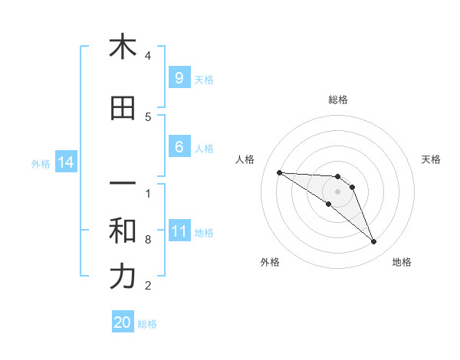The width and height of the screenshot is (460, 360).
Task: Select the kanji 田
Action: (x=123, y=109)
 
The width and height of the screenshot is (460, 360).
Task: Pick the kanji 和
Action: (x=123, y=231)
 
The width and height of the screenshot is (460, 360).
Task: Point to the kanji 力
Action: (x=123, y=277)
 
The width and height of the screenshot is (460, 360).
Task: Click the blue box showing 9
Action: (x=179, y=78)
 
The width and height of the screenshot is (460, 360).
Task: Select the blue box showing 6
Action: (x=179, y=148)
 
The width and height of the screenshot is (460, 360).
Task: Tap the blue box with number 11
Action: (x=179, y=232)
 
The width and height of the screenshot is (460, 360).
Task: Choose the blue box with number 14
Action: (x=65, y=162)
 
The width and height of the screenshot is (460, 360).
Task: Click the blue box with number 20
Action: (x=123, y=323)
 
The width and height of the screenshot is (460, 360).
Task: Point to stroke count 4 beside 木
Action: (x=148, y=56)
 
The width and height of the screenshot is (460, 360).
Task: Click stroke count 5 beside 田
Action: (x=148, y=117)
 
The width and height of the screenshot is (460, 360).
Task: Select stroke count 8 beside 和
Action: (x=148, y=240)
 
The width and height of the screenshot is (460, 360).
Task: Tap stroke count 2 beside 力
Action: (x=148, y=286)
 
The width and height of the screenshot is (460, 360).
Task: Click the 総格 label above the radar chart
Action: (x=337, y=100)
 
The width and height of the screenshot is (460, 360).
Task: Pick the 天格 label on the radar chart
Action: (x=431, y=159)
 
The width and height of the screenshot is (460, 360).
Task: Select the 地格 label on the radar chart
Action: (x=402, y=262)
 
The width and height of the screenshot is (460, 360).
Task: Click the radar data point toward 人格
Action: (x=279, y=172)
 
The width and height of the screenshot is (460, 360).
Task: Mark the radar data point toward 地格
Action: (x=373, y=242)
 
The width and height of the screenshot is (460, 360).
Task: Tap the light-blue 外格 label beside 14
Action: (x=41, y=163)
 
